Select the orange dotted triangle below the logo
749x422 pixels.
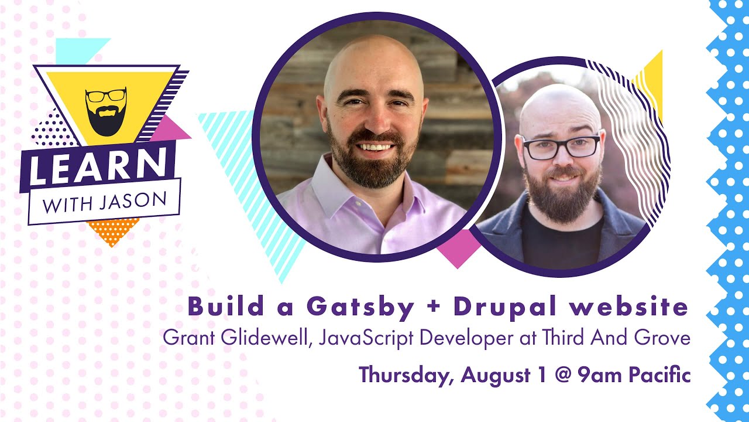click(x=112, y=229)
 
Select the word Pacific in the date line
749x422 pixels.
click(x=659, y=375)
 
